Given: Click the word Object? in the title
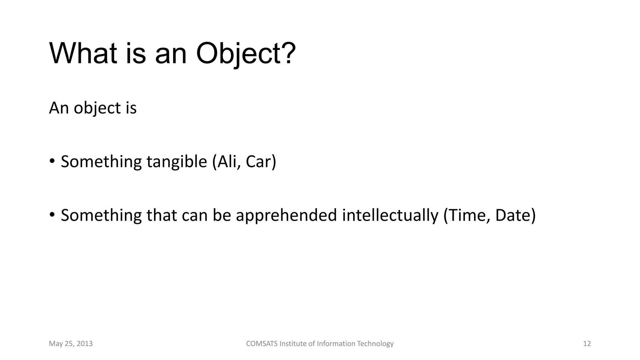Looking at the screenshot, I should click(246, 54).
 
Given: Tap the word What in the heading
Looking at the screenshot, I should click(83, 54).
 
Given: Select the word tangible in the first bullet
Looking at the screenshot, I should click(177, 162).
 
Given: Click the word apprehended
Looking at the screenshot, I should click(286, 216).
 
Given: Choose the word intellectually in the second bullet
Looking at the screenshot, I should click(390, 216).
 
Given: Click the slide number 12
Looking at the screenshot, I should click(587, 344).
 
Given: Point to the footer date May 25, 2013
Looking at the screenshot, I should click(71, 344).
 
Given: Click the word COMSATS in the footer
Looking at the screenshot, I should click(262, 344).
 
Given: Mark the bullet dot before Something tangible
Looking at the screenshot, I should click(52, 162).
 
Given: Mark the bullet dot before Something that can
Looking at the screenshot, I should click(52, 215).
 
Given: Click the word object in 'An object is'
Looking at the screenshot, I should click(97, 108).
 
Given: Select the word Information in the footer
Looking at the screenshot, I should click(336, 344).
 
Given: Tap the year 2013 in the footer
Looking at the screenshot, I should click(84, 344).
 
